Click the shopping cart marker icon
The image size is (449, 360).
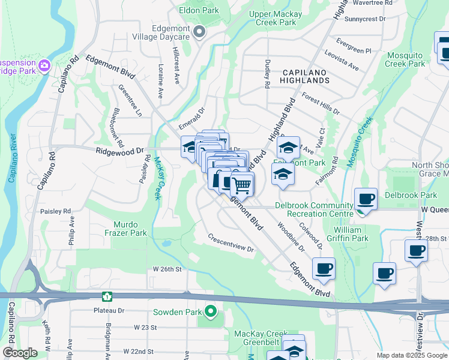pos(242,184)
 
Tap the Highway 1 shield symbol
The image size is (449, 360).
pos(107,296)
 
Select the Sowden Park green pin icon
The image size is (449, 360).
pos(210,311)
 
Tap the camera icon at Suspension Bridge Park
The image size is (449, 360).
pos(43,65)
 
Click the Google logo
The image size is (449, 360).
pos(19,353)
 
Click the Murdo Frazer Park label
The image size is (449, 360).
pos(125,228)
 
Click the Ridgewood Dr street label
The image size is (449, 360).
pos(120,152)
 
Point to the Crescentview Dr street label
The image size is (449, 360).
pos(231,243)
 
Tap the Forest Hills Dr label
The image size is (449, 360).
pos(321,104)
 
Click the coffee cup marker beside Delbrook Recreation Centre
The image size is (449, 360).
pos(366,199)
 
